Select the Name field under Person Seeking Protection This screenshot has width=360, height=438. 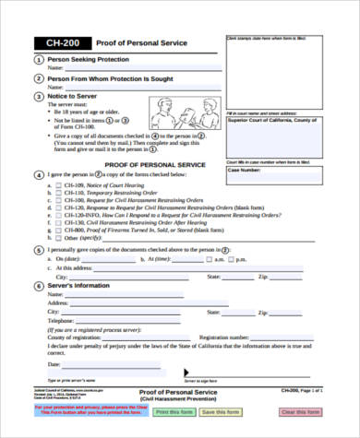click(143, 68)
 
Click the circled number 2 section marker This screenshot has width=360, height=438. click(37, 79)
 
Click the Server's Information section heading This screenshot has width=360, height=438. click(85, 286)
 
